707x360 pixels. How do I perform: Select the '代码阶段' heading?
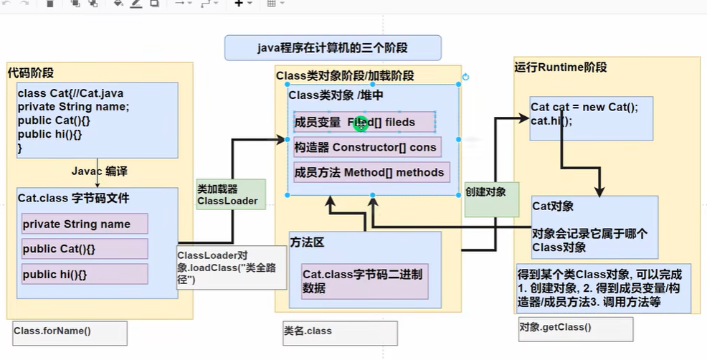click(31, 73)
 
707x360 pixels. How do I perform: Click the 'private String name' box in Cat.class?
click(85, 224)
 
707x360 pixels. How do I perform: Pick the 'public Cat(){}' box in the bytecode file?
click(85, 249)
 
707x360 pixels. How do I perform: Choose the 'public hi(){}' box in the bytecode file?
click(85, 274)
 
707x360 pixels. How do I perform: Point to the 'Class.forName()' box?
click(70, 332)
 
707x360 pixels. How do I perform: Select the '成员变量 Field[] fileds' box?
click(364, 122)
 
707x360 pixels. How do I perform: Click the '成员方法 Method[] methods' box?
click(370, 172)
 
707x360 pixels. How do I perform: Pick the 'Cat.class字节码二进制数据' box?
click(365, 281)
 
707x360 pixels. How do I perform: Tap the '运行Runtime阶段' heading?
click(560, 67)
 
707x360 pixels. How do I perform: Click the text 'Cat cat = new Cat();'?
click(584, 108)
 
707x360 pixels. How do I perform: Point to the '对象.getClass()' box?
click(576, 328)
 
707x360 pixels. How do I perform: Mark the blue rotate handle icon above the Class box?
click(465, 77)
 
